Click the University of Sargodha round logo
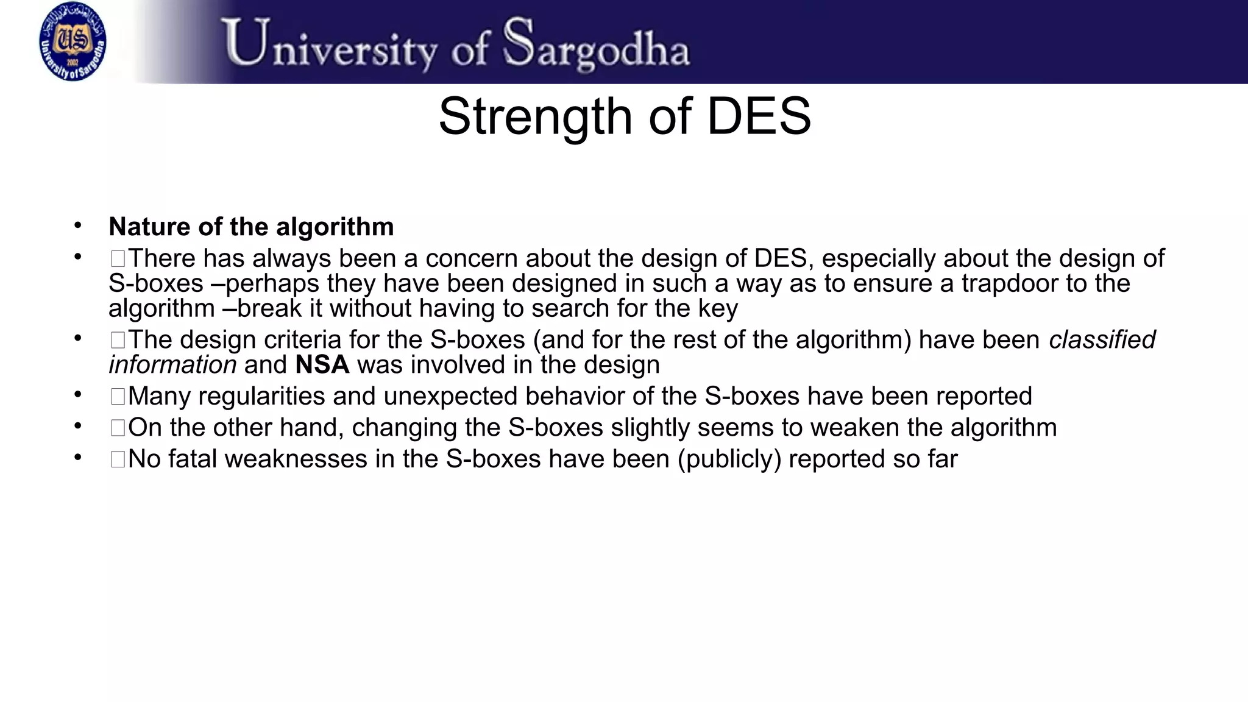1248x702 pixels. pos(73,42)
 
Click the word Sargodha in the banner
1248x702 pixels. pos(597,44)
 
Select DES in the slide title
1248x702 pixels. pos(758,116)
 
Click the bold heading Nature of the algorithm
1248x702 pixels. pos(251,227)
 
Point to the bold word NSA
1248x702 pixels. pos(322,365)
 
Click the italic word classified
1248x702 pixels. pos(1102,340)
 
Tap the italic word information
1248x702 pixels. pos(172,365)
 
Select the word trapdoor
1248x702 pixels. pos(1010,283)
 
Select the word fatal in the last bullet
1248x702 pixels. pos(193,459)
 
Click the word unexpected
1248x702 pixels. pos(450,396)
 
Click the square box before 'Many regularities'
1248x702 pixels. pos(118,397)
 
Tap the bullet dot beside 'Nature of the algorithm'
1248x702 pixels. pos(77,225)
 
